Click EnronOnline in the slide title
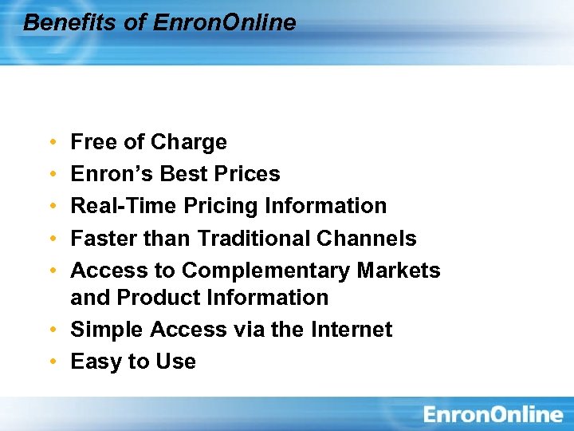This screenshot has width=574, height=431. (224, 22)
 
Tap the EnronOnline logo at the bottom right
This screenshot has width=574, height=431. (493, 414)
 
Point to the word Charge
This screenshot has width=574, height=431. (189, 142)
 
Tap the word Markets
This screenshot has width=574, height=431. (399, 271)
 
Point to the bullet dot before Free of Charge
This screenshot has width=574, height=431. (52, 143)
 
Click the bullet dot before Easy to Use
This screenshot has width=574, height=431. (52, 362)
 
